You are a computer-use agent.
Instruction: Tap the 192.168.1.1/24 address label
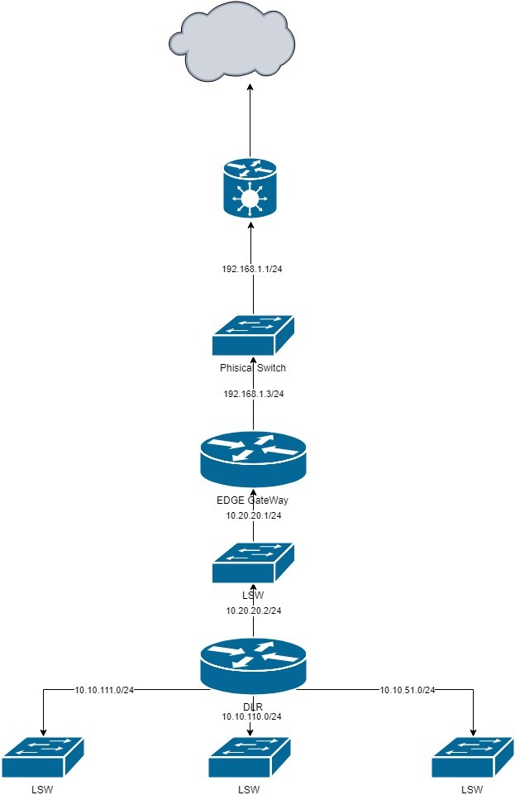point(253,270)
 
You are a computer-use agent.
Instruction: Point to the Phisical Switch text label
point(253,368)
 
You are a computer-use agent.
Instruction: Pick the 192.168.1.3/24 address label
point(253,394)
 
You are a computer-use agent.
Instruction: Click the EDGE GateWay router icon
point(253,459)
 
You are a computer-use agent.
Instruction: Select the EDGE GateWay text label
point(253,500)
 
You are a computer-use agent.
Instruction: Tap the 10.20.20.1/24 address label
point(254,515)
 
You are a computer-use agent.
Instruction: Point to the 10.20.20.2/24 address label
point(254,610)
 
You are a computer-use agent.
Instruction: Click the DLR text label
point(253,706)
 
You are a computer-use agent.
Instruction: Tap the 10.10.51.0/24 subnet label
point(408,689)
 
